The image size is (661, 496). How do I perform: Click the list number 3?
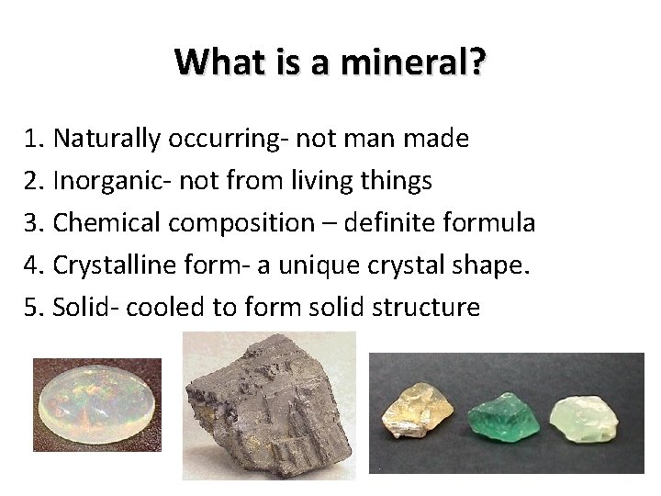click(35, 223)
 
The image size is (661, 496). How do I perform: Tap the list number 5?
click(35, 307)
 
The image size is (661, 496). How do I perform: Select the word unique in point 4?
click(305, 265)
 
